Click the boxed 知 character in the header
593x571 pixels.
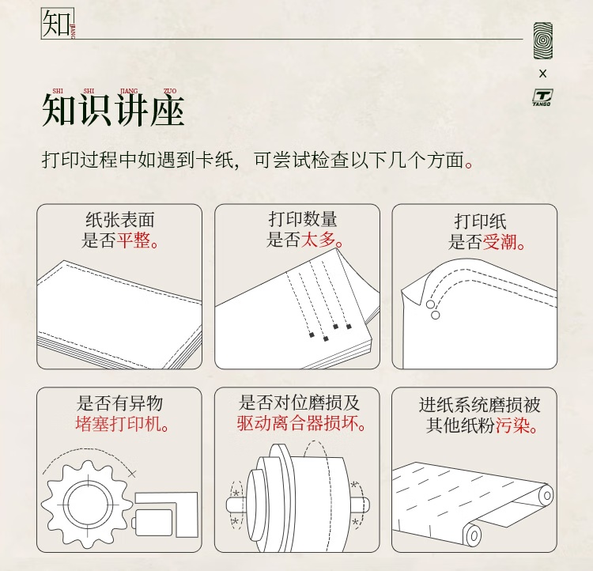pyautogui.click(x=56, y=24)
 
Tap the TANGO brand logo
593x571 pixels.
pyautogui.click(x=542, y=97)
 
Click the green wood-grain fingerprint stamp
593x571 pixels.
pyautogui.click(x=542, y=40)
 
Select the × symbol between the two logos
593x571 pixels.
pyautogui.click(x=542, y=74)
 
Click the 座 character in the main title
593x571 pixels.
pyautogui.click(x=167, y=110)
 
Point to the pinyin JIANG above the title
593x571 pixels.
pyautogui.click(x=129, y=91)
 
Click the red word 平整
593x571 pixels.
pyautogui.click(x=133, y=240)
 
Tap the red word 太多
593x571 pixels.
pyautogui.click(x=318, y=240)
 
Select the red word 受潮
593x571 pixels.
pyautogui.click(x=500, y=241)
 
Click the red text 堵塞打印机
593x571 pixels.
pyautogui.click(x=119, y=423)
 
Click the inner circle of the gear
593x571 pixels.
pyautogui.click(x=89, y=505)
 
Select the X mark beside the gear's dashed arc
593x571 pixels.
pyautogui.click(x=131, y=473)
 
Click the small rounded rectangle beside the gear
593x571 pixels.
pyautogui.click(x=152, y=522)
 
